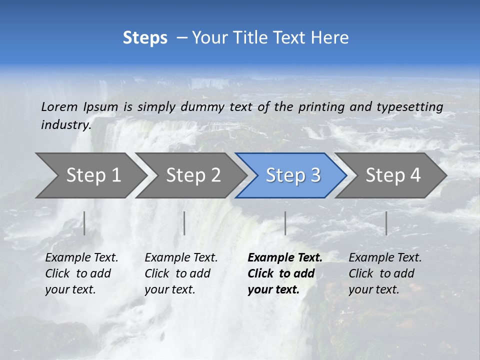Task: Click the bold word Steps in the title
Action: tap(145, 38)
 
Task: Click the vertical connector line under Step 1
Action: tap(84, 223)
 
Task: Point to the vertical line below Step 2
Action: tap(184, 223)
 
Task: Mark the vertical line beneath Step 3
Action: tap(285, 223)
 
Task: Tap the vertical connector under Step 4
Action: tap(386, 223)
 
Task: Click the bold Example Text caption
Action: tap(284, 273)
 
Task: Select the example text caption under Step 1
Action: tap(81, 273)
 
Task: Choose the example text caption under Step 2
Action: tap(180, 273)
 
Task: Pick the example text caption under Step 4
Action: tap(384, 273)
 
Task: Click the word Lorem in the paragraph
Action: tap(59, 106)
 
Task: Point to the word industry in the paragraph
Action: tap(65, 125)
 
